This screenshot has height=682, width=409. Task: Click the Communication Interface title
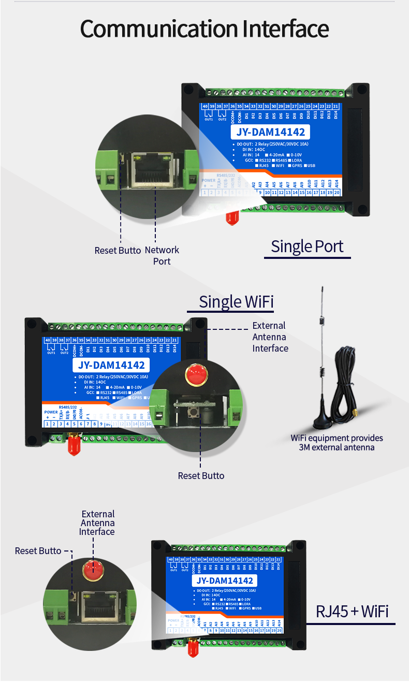pos(204,29)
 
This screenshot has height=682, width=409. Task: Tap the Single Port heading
pos(307,246)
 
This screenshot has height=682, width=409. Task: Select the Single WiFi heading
pos(236,301)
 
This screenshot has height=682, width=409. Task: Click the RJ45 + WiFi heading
pos(352,611)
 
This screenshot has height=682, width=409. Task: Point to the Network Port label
pos(162,255)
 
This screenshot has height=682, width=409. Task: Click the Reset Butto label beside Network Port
pos(118,251)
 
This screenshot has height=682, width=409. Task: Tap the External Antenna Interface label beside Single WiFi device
pos(270,337)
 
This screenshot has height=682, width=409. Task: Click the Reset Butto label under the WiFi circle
pos(201,475)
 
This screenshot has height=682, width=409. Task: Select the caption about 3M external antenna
pos(337,443)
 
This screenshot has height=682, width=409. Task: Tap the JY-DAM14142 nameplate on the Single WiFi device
pos(111,365)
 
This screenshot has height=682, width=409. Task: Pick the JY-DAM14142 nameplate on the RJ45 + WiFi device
pos(225,581)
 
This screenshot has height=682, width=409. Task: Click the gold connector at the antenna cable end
pos(356,413)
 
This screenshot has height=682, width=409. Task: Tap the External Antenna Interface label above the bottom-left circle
pos(97,523)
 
